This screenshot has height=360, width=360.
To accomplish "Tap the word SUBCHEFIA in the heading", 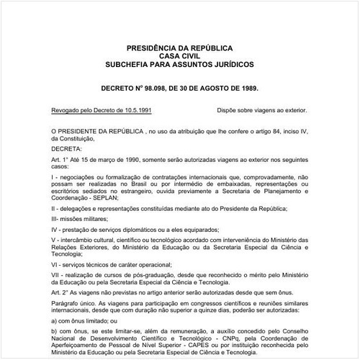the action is click(130, 64).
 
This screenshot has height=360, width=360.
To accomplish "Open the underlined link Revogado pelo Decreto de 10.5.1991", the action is click(101, 111).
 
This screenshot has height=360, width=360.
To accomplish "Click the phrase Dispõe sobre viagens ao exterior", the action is click(261, 111).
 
